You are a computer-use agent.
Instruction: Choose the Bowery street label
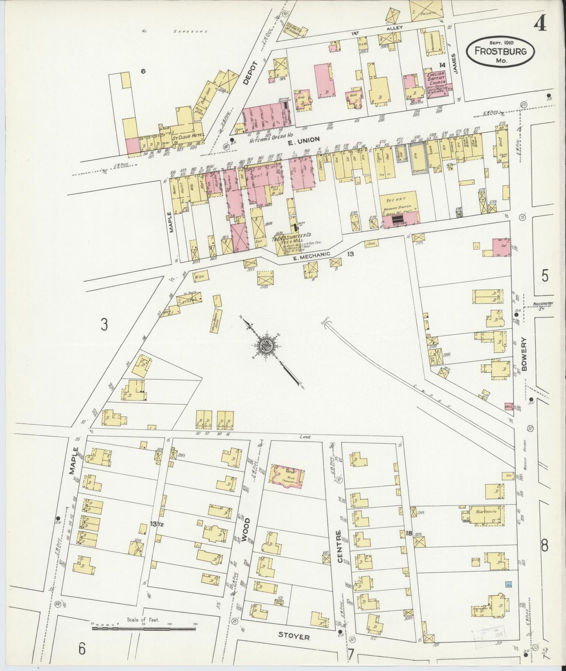tap(525, 354)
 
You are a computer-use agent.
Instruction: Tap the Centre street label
tap(339, 546)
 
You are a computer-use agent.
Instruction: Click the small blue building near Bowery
tap(509, 584)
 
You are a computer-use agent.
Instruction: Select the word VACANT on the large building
tap(398, 199)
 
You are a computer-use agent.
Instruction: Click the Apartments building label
tap(486, 512)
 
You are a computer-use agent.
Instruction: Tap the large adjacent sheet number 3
tap(104, 325)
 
